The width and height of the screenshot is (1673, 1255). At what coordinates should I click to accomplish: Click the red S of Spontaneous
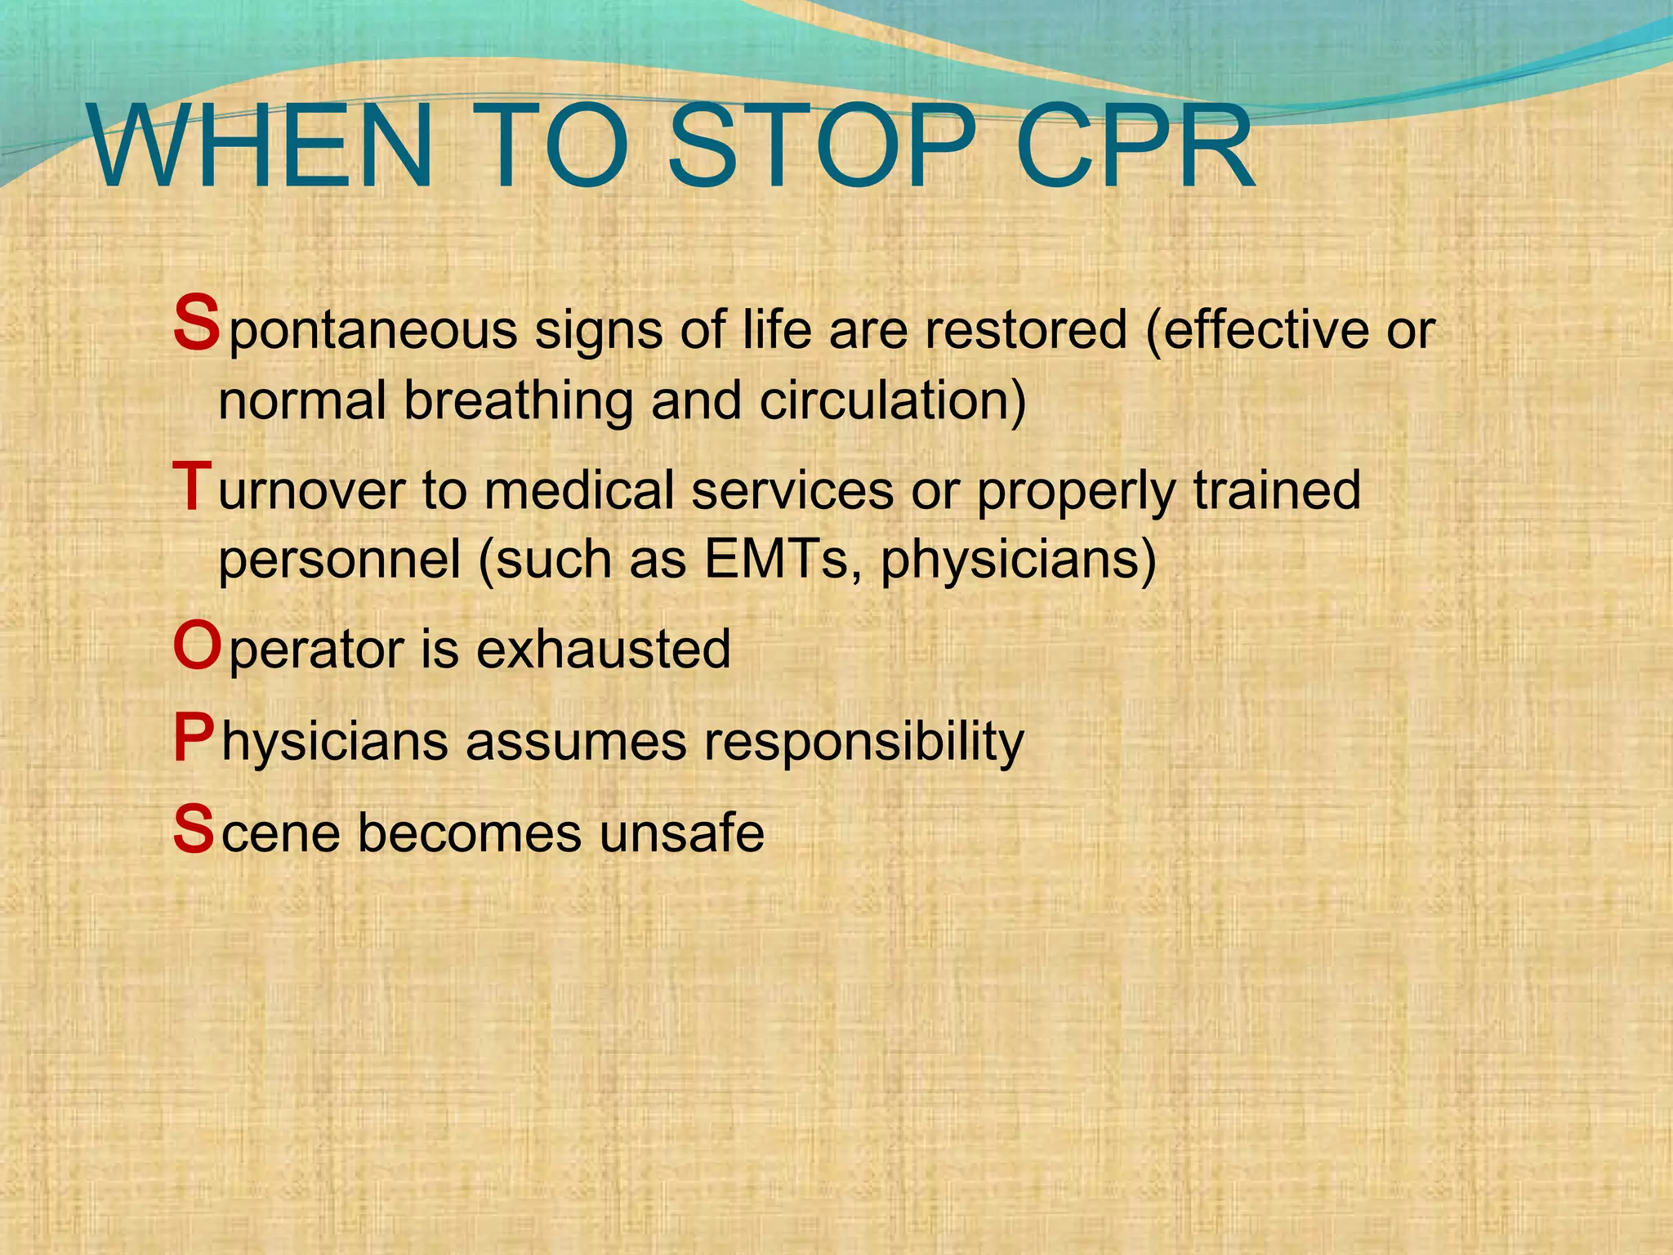(x=196, y=324)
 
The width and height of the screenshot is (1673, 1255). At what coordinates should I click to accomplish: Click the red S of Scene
(x=194, y=829)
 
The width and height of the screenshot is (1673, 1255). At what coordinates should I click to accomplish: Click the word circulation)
(x=892, y=401)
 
